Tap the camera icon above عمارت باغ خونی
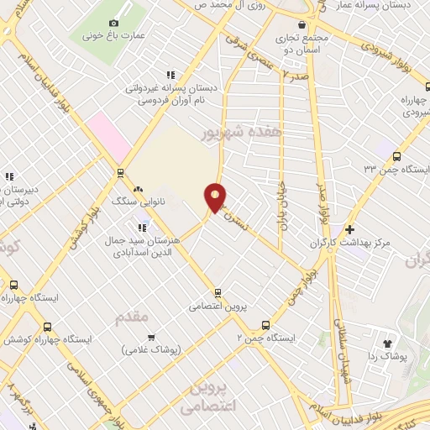pyautogui.click(x=114, y=23)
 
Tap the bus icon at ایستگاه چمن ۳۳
pyautogui.click(x=396, y=155)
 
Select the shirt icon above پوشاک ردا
pyautogui.click(x=388, y=343)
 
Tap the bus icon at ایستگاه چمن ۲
pyautogui.click(x=266, y=324)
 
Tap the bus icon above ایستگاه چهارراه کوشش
pyautogui.click(x=47, y=327)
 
